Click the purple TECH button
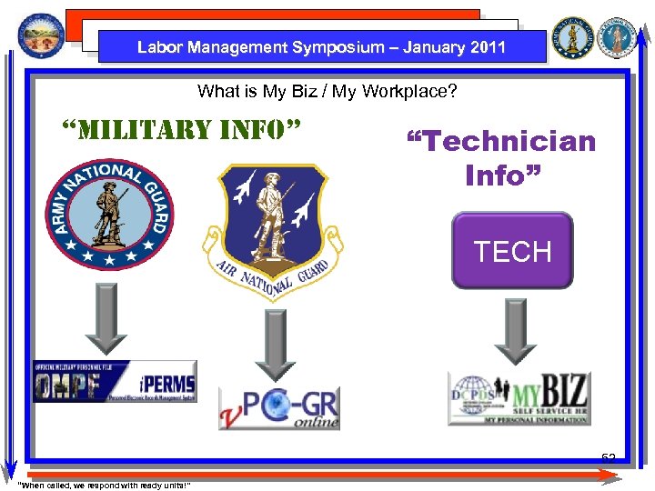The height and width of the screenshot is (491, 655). coord(513,251)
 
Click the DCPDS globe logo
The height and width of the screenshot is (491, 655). coord(474,399)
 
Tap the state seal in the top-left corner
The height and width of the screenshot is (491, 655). coord(41,35)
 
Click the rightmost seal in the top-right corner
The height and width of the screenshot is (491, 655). coord(622,36)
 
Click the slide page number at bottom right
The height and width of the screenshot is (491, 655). coord(608,457)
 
